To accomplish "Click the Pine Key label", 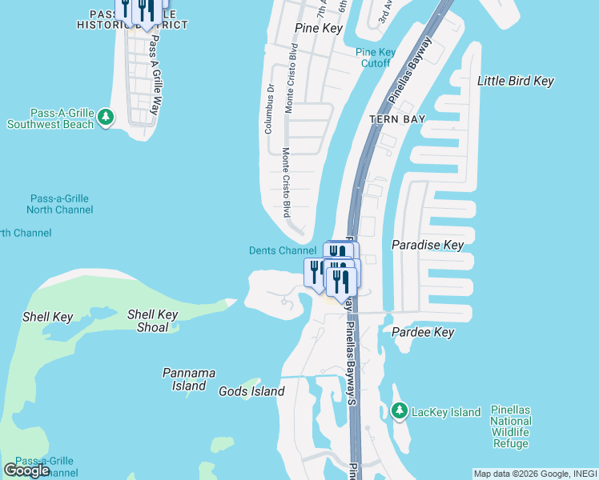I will coord(318,29).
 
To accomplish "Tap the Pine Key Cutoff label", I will coord(376,58).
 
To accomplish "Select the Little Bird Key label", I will coord(516,82).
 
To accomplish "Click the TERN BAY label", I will coord(396,119).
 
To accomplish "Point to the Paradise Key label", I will coord(427,245).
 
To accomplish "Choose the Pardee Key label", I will coord(423,332).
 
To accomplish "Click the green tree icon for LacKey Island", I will coord(400,411).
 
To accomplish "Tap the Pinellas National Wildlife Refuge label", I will coord(511,427).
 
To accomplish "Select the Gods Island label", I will coord(251,391).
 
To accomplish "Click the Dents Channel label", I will coord(283,251).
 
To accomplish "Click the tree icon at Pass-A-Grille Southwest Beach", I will coord(106,118).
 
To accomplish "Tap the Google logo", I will coord(26,470).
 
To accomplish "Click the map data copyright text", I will coord(535,474).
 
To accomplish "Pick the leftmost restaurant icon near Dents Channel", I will coord(315,271).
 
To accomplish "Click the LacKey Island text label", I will coord(446,412).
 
